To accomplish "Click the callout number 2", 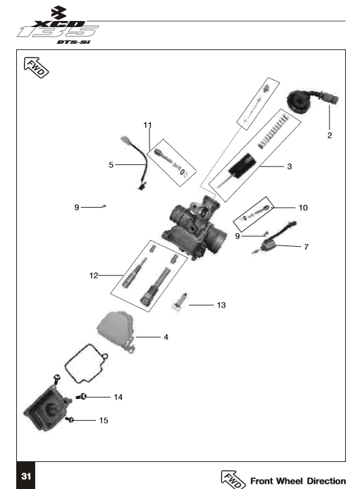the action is coord(330,135).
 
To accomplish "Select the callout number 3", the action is coord(290,166).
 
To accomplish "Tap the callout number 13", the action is coord(221,305).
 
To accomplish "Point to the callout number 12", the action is coord(93,276).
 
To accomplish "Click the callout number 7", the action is coord(307,247).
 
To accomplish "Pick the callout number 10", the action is coord(303,208).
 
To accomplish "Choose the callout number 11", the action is coord(148,125).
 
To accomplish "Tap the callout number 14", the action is coord(118,397).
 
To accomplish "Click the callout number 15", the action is coord(104,421).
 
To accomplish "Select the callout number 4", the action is coord(166,337).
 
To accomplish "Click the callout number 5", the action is coord(111,164).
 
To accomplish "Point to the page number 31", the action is coord(26,476).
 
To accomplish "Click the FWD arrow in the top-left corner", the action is coord(36,68).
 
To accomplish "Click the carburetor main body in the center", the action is coord(194,229).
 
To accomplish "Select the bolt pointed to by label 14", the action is coord(81,397).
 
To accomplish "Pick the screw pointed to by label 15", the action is coord(70,419).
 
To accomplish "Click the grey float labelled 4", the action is coord(116,331).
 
